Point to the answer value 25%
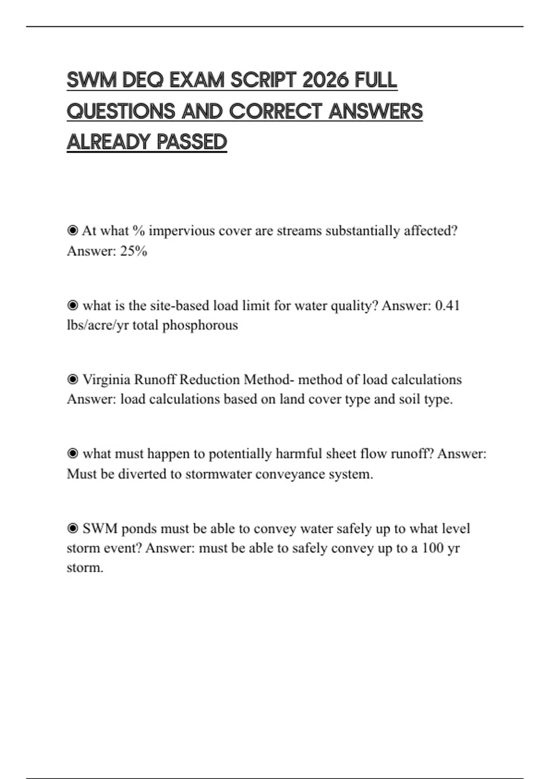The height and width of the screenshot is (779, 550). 133,251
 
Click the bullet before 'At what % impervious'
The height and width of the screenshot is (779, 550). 72,230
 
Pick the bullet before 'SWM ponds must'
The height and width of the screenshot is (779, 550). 72,528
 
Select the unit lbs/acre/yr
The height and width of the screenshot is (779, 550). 98,325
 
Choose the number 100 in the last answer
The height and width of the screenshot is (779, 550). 432,548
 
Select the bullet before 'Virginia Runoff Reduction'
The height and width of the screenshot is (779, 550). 72,379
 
